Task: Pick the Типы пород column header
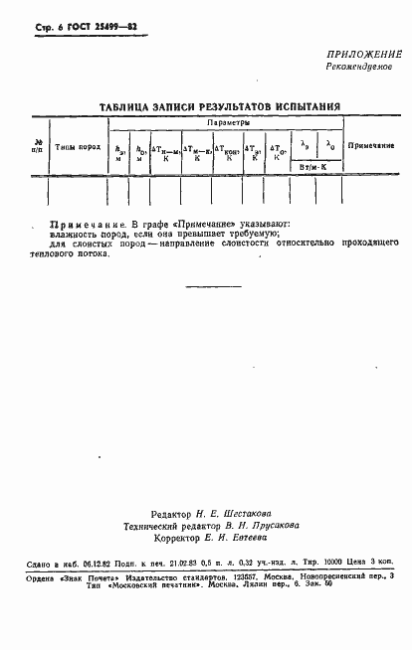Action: point(76,146)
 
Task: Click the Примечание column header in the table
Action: point(371,146)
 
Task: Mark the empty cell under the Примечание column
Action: point(371,188)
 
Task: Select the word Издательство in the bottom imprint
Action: point(147,576)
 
